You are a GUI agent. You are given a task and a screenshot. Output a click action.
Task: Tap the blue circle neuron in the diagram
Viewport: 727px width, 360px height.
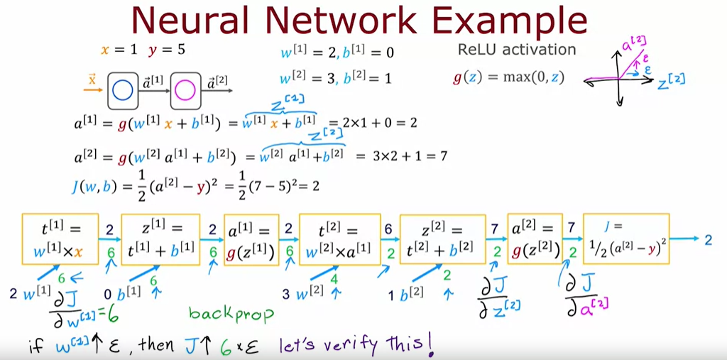122,90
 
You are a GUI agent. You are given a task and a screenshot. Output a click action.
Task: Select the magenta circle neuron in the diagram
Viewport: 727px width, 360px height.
185,90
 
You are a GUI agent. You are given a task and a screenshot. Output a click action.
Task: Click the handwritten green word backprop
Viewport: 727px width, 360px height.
231,312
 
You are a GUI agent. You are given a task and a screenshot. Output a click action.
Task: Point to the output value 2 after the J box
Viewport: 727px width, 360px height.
708,239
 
